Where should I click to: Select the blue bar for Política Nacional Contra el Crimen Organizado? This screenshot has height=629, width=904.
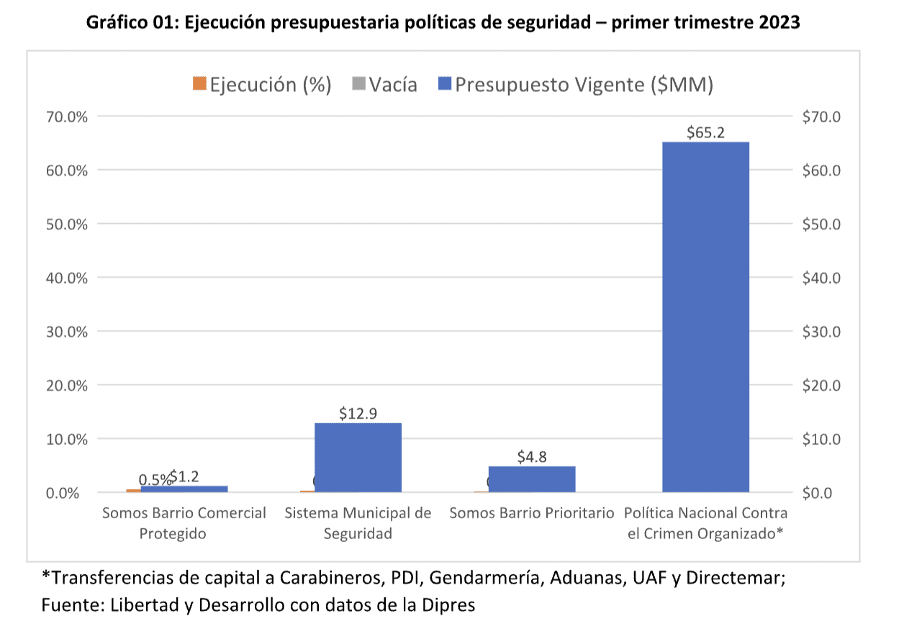pos(705,317)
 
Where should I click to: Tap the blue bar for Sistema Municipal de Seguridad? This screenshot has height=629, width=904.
pos(358,457)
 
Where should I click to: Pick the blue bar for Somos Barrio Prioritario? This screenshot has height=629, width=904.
pos(532,479)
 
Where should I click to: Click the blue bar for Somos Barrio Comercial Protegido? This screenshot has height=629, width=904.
pos(184,489)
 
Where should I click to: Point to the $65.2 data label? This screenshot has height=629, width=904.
pos(705,132)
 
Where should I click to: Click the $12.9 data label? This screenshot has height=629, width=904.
pos(358,413)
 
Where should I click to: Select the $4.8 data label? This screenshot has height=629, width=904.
pos(532,457)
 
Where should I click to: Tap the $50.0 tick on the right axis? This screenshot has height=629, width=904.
pos(820,224)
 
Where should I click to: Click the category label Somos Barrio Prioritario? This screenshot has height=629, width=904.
pos(532,513)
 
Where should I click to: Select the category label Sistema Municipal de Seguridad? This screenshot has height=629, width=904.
pos(358,523)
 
